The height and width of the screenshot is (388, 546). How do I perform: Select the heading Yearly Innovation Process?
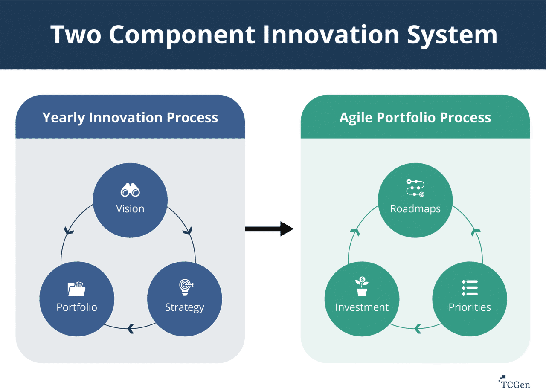tap(130, 118)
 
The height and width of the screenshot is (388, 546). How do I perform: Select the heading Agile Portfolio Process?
tap(415, 118)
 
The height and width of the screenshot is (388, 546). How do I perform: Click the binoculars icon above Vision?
tap(130, 190)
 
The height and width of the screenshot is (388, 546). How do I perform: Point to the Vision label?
tap(130, 209)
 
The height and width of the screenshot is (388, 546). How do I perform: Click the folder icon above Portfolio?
tap(77, 289)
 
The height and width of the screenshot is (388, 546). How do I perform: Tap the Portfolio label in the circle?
tap(77, 307)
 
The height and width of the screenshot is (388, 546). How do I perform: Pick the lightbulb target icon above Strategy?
tap(185, 287)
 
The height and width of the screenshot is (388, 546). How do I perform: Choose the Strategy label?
tap(185, 307)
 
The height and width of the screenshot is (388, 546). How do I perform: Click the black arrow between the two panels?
tap(269, 229)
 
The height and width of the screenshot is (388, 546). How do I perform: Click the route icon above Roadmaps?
tap(415, 188)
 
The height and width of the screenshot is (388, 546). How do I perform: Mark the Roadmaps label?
tap(415, 209)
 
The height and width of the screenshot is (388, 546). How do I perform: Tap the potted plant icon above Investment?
tap(362, 287)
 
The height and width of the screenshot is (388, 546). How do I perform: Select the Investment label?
tap(362, 307)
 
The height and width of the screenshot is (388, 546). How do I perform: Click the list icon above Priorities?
tap(470, 288)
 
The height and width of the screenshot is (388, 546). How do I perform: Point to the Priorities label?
tap(470, 307)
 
